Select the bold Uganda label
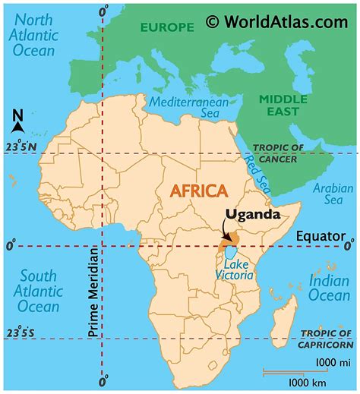[x=253, y=215]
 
